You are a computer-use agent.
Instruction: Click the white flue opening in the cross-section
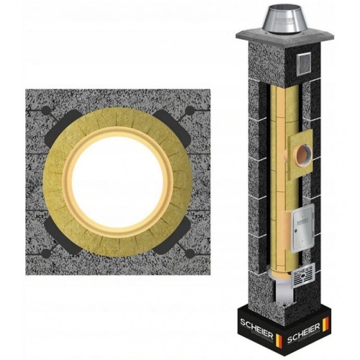tap(117, 182)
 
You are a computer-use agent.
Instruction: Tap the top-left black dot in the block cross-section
tap(46, 110)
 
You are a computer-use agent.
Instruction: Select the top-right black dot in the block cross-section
tap(190, 111)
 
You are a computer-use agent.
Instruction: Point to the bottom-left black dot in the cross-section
tap(46, 253)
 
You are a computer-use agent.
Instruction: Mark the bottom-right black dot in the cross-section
tap(189, 253)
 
